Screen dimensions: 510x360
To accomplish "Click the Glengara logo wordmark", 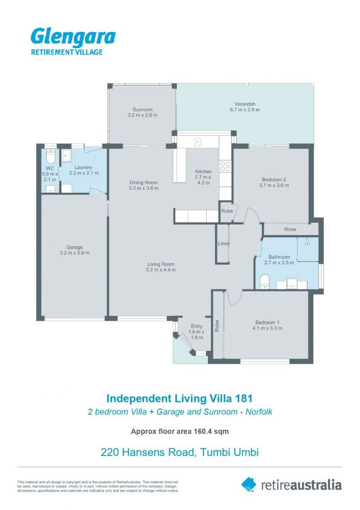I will (x=73, y=36).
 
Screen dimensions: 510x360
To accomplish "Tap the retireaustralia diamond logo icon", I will (x=249, y=484).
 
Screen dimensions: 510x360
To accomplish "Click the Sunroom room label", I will (x=142, y=110).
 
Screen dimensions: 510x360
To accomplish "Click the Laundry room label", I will (x=83, y=168).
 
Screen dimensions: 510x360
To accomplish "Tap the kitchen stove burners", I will (x=225, y=166).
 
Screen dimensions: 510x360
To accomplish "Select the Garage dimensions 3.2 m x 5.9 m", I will (x=75, y=253).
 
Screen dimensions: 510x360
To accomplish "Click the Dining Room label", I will (x=143, y=183).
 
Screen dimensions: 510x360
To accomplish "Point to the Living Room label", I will (x=161, y=264).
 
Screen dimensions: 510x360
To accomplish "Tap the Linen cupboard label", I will (x=224, y=244).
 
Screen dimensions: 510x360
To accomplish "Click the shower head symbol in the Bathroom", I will (x=307, y=242).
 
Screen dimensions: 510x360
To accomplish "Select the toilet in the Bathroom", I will (x=265, y=280).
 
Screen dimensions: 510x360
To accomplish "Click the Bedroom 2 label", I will (x=274, y=179).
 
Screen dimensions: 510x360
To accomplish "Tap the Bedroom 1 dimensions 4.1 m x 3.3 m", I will (x=267, y=329).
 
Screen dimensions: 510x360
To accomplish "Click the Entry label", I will (x=196, y=326).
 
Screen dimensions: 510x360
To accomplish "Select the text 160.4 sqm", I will (x=210, y=431).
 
